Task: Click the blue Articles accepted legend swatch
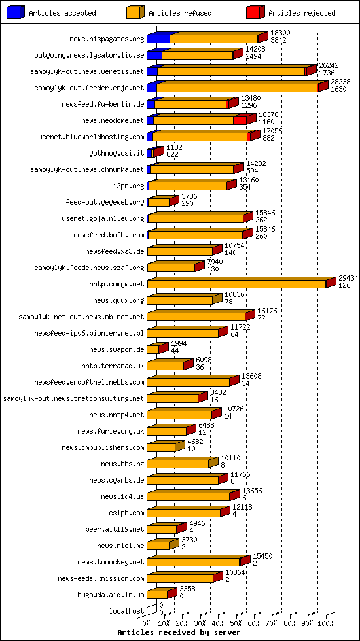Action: click(16, 12)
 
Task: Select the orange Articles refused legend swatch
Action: click(135, 12)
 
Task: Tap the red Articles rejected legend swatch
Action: click(255, 12)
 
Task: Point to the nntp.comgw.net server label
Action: click(118, 285)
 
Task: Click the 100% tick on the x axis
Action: click(325, 623)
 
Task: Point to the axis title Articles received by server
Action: click(179, 633)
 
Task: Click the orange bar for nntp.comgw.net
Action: click(236, 284)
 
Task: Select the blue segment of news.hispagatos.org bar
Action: click(158, 39)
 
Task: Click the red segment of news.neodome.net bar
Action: click(240, 120)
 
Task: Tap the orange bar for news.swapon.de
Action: click(153, 349)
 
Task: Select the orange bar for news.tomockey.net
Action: click(193, 562)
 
